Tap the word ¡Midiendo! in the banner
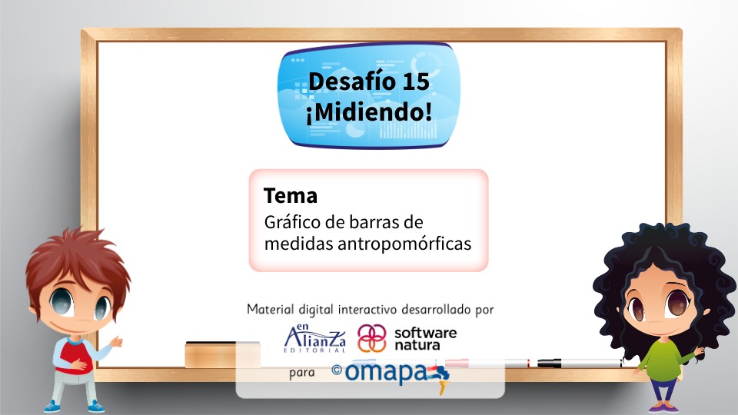[368, 111]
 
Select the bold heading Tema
[290, 196]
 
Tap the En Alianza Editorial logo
[315, 338]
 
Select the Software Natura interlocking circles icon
[372, 338]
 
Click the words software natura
[424, 339]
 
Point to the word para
[303, 374]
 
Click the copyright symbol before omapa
[336, 370]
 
